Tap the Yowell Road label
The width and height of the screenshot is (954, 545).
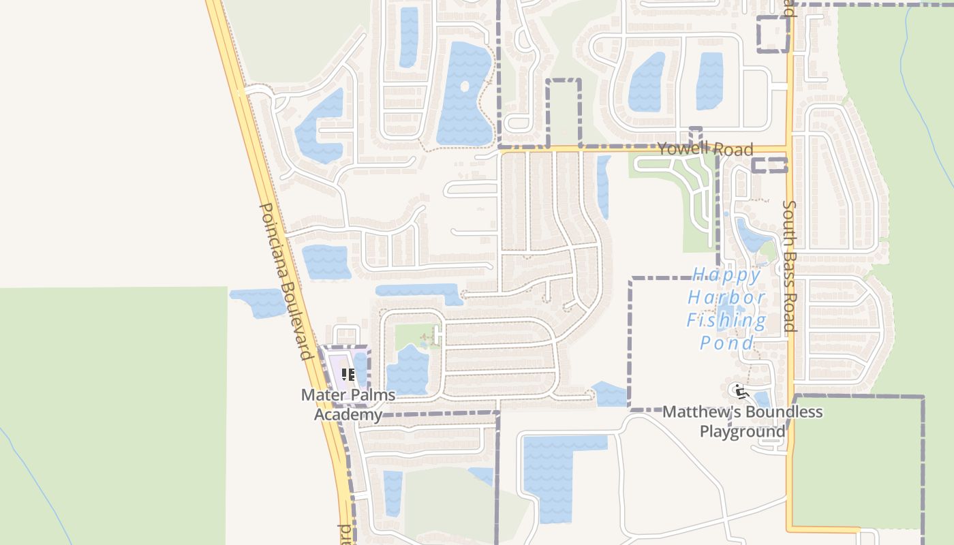705,149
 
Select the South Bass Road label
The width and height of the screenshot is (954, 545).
789,266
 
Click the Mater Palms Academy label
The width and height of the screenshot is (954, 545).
348,405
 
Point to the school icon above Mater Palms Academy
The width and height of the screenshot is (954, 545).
348,375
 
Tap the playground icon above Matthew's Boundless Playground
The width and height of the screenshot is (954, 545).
741,392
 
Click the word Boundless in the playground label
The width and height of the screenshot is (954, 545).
784,412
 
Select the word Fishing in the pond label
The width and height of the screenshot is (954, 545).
726,320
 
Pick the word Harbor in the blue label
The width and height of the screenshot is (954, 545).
726,298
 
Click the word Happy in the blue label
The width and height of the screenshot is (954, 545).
726,275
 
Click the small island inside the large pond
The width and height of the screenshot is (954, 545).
465,87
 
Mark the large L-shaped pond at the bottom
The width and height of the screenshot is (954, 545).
549,477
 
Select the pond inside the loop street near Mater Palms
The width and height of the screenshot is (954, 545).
407,371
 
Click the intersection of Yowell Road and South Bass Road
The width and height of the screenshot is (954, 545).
790,149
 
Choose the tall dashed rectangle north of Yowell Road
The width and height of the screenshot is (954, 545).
564,112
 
